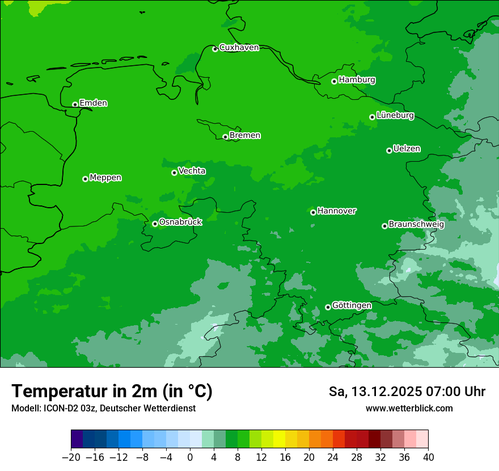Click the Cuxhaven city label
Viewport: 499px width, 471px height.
239,48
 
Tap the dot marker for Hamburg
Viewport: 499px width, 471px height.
335,81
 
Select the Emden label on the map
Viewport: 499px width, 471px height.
93,103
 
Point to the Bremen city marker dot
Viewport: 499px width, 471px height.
225,137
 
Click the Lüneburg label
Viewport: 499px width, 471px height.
395,116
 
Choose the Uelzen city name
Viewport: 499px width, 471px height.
407,149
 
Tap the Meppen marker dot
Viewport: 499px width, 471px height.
85,179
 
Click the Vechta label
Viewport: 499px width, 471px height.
192,171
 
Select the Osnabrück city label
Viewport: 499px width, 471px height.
180,222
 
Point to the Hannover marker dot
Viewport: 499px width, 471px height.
313,212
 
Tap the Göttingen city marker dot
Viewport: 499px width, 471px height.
328,307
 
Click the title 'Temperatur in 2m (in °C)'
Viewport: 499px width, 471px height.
112,392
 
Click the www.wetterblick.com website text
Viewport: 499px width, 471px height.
409,409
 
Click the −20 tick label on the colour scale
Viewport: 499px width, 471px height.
71,457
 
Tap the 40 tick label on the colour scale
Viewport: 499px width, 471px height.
428,457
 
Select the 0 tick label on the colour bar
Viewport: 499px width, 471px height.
190,457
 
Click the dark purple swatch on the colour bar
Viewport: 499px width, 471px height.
77,439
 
